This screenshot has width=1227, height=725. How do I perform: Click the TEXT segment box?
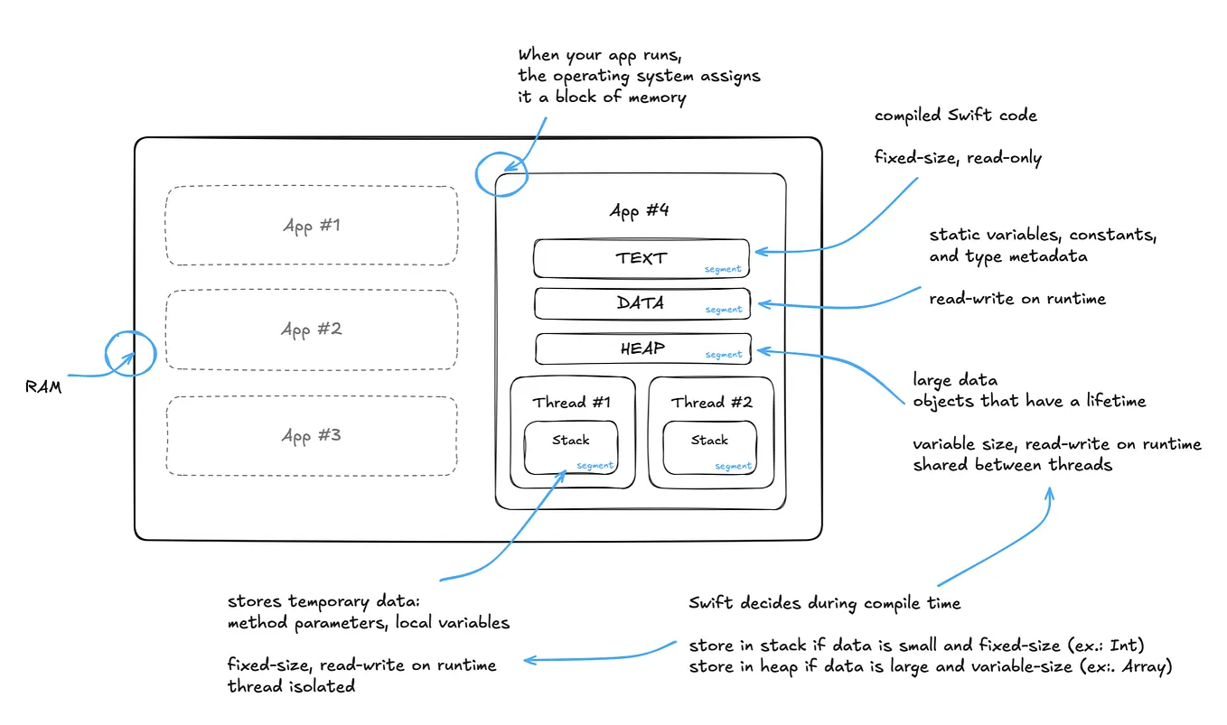coord(641,258)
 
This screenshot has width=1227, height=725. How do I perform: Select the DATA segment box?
coord(641,303)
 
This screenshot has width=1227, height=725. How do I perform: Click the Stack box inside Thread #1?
coord(571,447)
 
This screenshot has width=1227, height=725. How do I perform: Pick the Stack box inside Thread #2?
coord(709,447)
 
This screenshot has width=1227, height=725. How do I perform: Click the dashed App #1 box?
coord(311,226)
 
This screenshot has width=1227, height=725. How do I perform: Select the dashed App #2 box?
coord(311,330)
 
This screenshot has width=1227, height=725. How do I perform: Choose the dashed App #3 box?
coord(311,436)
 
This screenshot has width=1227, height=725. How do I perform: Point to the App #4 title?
coord(640,211)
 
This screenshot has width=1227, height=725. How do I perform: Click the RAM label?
coord(43,387)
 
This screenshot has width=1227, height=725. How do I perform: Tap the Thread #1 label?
coord(571,403)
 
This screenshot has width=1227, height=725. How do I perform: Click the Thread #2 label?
coord(711,403)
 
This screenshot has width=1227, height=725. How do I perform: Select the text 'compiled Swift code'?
coord(955,116)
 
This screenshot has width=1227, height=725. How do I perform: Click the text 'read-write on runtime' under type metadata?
coord(1017,299)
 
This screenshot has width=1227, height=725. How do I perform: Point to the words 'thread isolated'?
coord(291,687)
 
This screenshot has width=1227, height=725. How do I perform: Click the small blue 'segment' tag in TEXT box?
coord(723,269)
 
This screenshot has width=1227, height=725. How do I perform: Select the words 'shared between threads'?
coord(1012,465)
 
